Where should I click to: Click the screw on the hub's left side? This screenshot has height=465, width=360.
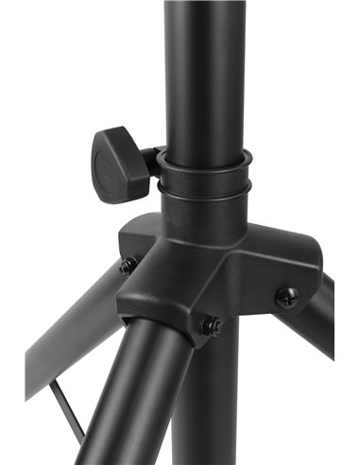[x=127, y=267]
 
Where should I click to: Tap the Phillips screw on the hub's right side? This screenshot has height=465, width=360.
[x=287, y=298]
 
